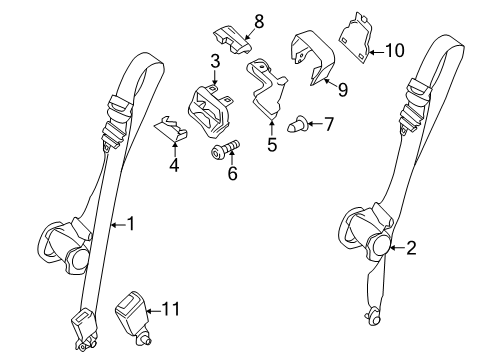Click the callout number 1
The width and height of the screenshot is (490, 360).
pyautogui.click(x=131, y=224)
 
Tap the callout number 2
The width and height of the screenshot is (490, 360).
pyautogui.click(x=411, y=248)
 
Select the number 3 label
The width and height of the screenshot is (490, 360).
pyautogui.click(x=215, y=61)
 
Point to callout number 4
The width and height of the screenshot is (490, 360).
pyautogui.click(x=174, y=165)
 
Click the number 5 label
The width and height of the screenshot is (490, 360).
pyautogui.click(x=272, y=145)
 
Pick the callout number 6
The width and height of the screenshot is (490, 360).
pyautogui.click(x=232, y=173)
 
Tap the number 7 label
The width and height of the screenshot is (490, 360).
pyautogui.click(x=329, y=124)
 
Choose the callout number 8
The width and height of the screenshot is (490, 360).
pyautogui.click(x=259, y=22)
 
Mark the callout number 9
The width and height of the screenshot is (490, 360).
pyautogui.click(x=343, y=90)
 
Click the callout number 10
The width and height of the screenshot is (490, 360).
pyautogui.click(x=395, y=51)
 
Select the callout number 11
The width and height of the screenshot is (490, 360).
pyautogui.click(x=171, y=309)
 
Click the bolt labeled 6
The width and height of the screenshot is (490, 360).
pyautogui.click(x=226, y=150)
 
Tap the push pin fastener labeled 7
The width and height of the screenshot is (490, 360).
pyautogui.click(x=298, y=124)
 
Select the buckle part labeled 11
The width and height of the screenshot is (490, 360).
pyautogui.click(x=133, y=318)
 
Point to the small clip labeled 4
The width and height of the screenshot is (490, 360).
pyautogui.click(x=171, y=129)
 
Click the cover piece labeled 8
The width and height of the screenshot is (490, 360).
pyautogui.click(x=233, y=41)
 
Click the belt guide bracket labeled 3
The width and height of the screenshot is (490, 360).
pyautogui.click(x=210, y=111)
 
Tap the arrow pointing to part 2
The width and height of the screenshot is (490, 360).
pyautogui.click(x=397, y=248)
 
